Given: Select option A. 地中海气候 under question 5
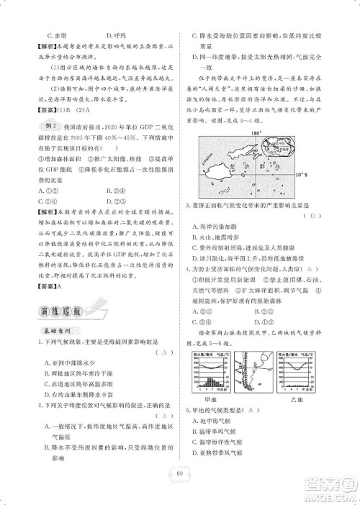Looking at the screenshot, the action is [x=217, y=422].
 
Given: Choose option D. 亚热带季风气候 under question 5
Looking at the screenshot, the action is [x=222, y=452].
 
